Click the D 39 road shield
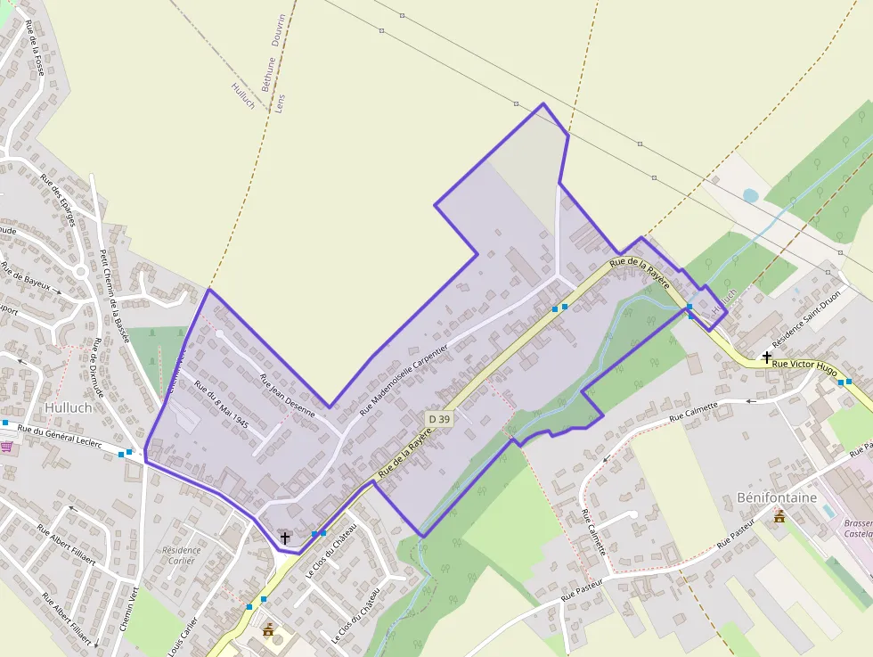pyautogui.click(x=437, y=418)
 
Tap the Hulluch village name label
pyautogui.click(x=68, y=407)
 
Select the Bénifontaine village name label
pyautogui.click(x=777, y=497)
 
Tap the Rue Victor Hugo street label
pyautogui.click(x=804, y=365)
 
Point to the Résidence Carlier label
pyautogui.click(x=183, y=556)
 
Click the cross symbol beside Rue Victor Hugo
pyautogui.click(x=767, y=357)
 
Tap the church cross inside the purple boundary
pyautogui.click(x=285, y=538)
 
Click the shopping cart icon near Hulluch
pyautogui.click(x=8, y=447)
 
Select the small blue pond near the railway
pyautogui.click(x=750, y=194)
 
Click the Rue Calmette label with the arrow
pyautogui.click(x=694, y=412)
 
